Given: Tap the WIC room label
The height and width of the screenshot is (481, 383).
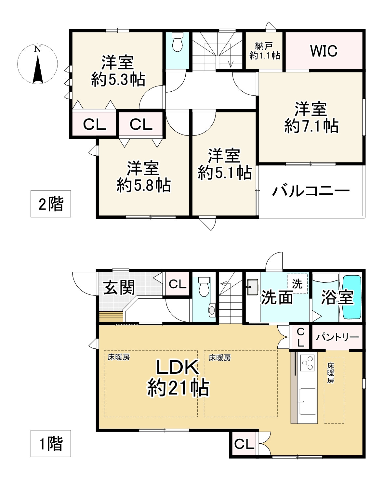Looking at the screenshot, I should coord(324,51).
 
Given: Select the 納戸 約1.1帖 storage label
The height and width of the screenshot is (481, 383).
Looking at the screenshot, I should coord(265,51).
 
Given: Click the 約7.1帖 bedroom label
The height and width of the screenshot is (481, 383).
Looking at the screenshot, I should coord(311,118).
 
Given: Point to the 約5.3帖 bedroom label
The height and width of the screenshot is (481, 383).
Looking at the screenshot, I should coord(118,71).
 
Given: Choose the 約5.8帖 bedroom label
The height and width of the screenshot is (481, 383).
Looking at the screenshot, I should coord(143,176).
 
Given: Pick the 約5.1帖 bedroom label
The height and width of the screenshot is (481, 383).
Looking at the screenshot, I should coord(225,164).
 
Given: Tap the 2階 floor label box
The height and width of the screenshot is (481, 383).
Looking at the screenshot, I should coord(51,204).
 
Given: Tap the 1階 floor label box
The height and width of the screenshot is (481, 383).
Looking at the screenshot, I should coord(51,444).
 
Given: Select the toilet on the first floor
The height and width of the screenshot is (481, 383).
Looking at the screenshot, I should coord(204,286).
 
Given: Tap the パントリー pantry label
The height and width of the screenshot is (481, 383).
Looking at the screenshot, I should coord(337,337).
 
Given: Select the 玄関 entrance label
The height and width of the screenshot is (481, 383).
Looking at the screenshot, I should coord(119,287).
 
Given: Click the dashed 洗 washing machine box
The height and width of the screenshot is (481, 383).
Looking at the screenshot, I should coord(297,284).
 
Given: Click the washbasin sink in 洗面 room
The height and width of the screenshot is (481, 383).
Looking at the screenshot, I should coord(252,287).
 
